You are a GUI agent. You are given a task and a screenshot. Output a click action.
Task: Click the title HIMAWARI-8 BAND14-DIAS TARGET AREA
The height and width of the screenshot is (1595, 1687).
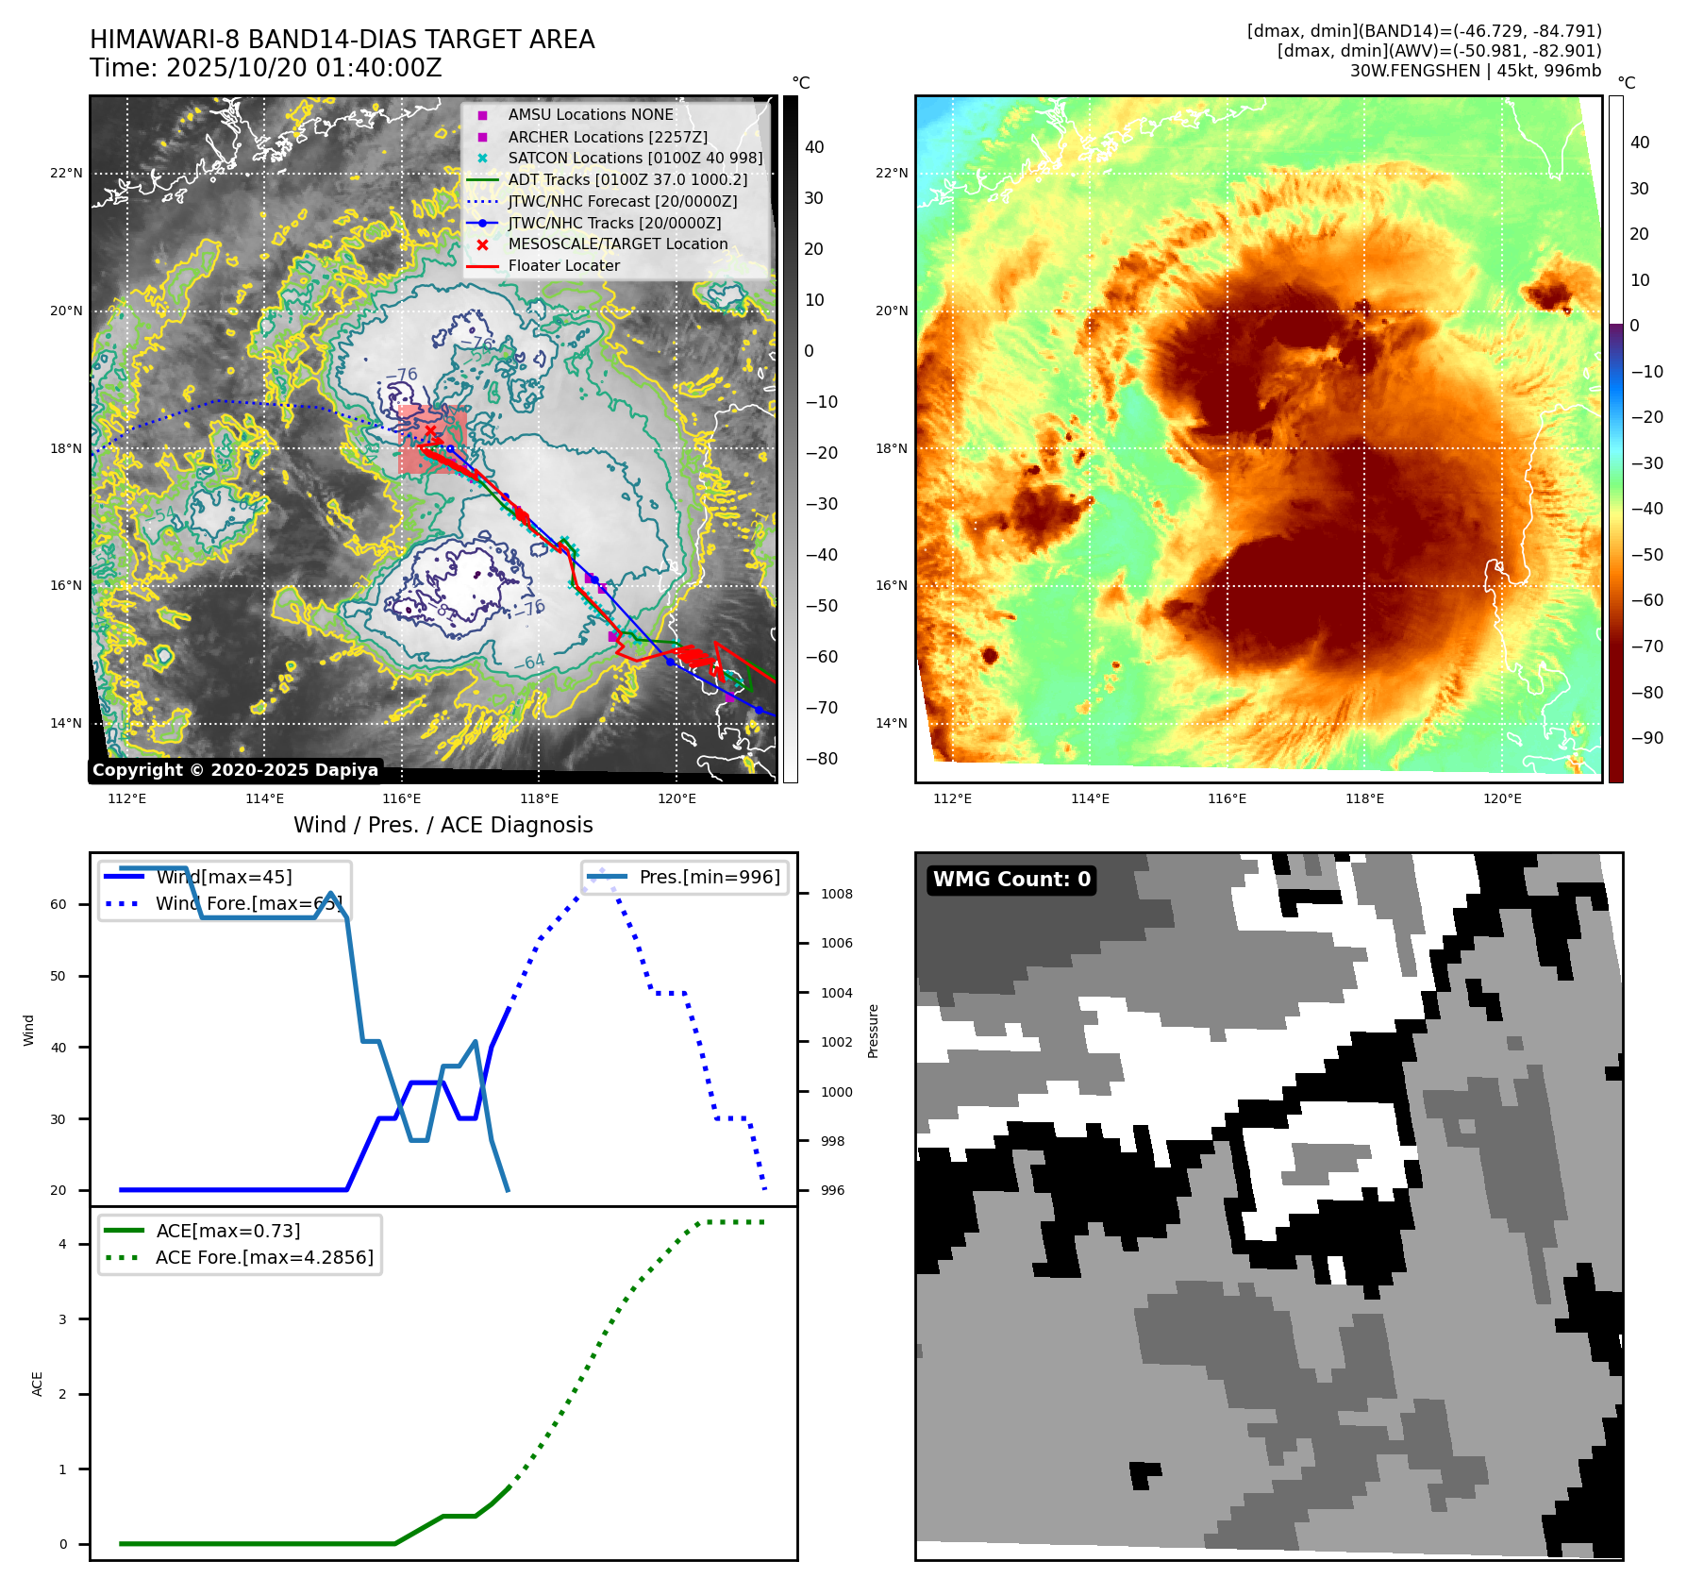click(x=342, y=40)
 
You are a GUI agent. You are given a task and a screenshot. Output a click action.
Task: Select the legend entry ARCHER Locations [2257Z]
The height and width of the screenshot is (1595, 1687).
click(x=607, y=137)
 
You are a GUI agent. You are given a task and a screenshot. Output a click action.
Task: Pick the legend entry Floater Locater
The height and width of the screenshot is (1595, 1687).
click(x=563, y=266)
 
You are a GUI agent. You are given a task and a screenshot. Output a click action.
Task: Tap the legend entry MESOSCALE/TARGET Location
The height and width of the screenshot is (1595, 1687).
click(x=617, y=244)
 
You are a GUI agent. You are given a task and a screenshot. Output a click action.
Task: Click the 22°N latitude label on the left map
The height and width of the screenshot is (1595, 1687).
click(x=66, y=174)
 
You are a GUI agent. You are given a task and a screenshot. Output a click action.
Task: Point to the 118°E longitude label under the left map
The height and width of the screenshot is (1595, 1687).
click(x=539, y=799)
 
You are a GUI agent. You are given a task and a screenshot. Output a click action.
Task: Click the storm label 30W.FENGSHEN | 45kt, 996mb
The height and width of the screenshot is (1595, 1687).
click(x=1475, y=71)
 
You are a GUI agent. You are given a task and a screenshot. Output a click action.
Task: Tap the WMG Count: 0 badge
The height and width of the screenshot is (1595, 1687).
click(x=1011, y=880)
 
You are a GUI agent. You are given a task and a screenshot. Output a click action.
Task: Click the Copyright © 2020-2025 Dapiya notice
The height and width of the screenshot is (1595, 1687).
click(x=235, y=770)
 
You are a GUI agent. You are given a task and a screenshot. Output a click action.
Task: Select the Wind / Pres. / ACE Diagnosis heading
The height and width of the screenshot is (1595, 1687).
click(x=443, y=825)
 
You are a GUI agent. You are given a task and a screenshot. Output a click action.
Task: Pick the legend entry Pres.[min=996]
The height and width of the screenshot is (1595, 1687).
click(x=709, y=878)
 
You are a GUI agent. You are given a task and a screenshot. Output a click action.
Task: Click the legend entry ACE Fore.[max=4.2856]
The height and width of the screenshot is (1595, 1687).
click(x=264, y=1258)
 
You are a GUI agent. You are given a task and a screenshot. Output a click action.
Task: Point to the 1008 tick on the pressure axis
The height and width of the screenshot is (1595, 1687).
click(x=836, y=894)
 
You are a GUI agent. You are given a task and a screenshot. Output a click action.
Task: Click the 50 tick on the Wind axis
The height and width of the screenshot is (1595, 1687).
click(x=58, y=976)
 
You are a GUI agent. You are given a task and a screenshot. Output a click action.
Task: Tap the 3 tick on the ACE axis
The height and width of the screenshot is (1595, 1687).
click(x=63, y=1319)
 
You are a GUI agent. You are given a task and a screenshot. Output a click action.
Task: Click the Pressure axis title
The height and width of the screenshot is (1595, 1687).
click(x=873, y=1031)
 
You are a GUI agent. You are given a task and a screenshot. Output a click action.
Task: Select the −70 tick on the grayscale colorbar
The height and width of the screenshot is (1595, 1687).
click(x=821, y=708)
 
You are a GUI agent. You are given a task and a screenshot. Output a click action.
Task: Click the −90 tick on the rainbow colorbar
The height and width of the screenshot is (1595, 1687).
click(x=1647, y=738)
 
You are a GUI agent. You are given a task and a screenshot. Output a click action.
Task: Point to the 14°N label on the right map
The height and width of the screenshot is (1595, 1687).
click(x=892, y=724)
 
